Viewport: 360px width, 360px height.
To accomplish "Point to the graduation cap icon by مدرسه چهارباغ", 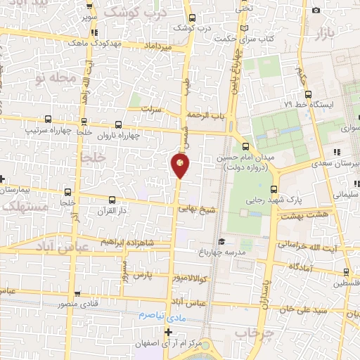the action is click(x=221, y=242).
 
